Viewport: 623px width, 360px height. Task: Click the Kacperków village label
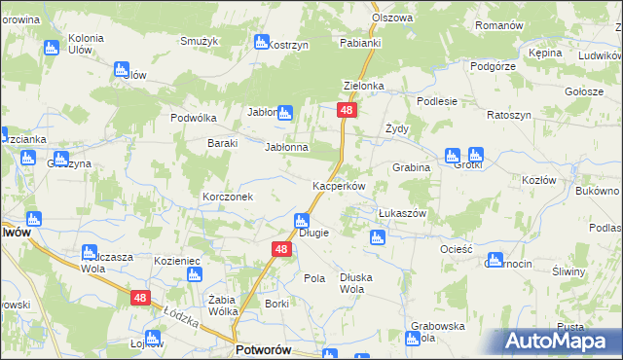(338, 186)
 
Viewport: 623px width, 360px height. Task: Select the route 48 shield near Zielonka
(348, 112)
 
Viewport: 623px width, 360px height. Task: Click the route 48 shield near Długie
(280, 250)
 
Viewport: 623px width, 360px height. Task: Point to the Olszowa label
(392, 18)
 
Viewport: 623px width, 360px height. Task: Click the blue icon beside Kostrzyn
(260, 42)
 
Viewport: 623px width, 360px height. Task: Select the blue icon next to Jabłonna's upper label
(284, 113)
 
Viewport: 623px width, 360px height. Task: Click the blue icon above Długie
(302, 221)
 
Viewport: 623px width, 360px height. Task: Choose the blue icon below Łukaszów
(377, 236)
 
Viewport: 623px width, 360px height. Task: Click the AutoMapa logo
(558, 341)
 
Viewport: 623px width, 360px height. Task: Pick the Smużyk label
(199, 41)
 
